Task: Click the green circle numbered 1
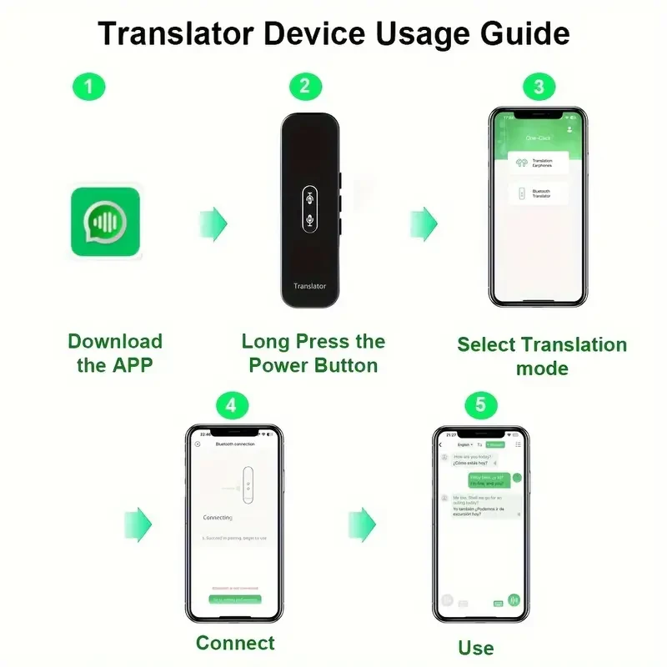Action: (x=89, y=86)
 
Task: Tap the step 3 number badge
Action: (x=538, y=86)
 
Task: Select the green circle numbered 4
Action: (x=232, y=405)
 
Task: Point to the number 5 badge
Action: (x=480, y=405)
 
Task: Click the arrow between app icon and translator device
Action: (x=213, y=224)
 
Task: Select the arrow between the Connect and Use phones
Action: (x=362, y=524)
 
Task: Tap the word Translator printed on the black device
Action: (x=309, y=286)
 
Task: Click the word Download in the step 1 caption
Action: (x=115, y=341)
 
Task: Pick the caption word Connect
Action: (x=235, y=643)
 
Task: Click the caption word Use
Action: (x=476, y=648)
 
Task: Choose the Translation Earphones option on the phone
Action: (x=538, y=163)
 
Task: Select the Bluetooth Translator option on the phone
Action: (x=538, y=193)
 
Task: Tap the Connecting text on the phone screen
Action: (x=218, y=518)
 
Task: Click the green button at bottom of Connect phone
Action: (x=234, y=599)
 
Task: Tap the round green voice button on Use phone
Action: (x=514, y=599)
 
